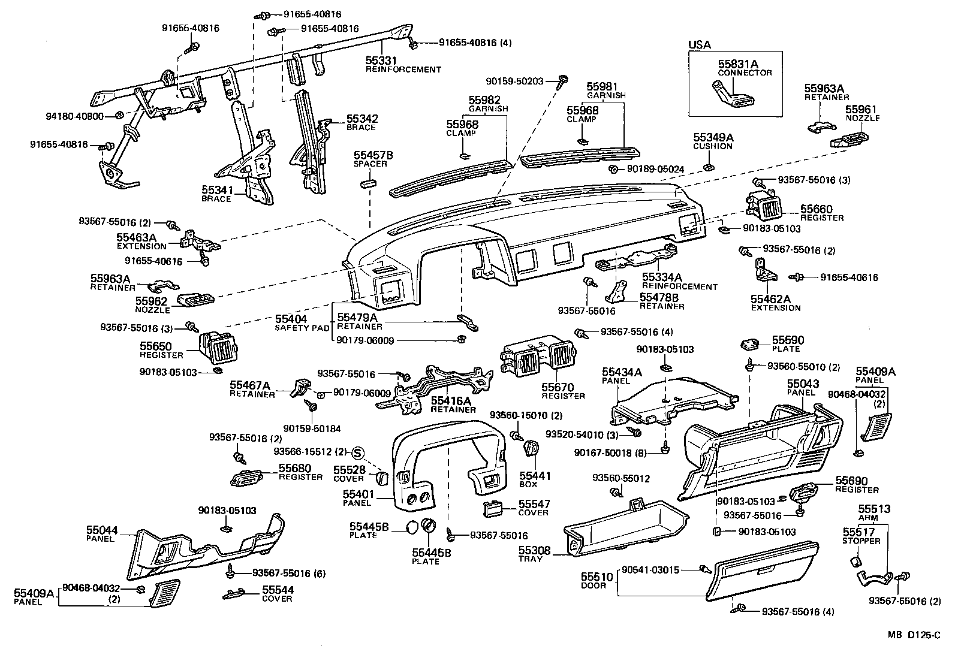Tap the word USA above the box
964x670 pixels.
pos(699,44)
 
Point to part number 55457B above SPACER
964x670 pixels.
pos(373,155)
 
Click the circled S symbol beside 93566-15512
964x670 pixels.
pos(359,452)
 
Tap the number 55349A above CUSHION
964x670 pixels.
pos(713,137)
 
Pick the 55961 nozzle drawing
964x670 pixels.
pos(849,141)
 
